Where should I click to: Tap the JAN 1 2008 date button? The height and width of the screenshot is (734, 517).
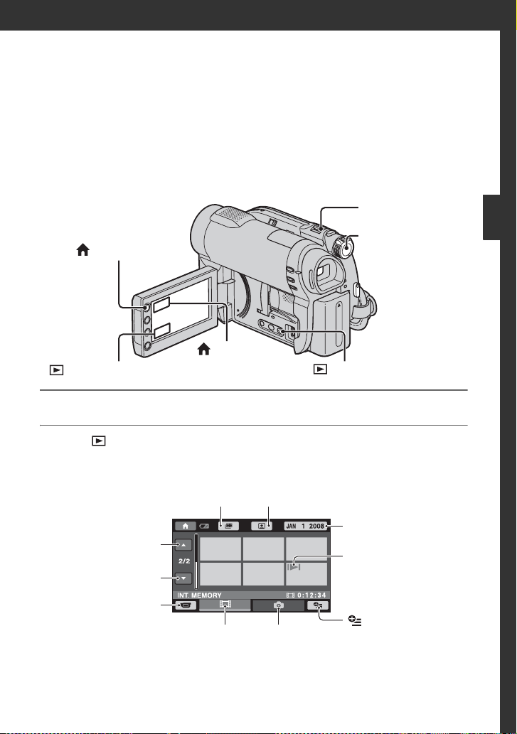tap(305, 526)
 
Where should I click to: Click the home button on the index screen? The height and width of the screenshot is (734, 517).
tap(186, 526)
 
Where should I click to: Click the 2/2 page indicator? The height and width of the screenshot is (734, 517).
tap(184, 561)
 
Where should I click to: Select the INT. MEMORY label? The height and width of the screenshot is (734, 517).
tap(199, 595)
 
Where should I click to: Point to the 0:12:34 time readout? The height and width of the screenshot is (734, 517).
tap(311, 595)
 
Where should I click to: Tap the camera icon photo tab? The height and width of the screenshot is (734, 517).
tap(279, 605)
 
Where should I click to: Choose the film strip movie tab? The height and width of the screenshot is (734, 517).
tap(225, 605)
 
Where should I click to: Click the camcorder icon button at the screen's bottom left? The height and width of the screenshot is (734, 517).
tap(186, 605)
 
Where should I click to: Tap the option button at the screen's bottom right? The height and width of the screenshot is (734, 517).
tap(318, 605)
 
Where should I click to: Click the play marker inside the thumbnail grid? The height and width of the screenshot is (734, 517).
tap(294, 567)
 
